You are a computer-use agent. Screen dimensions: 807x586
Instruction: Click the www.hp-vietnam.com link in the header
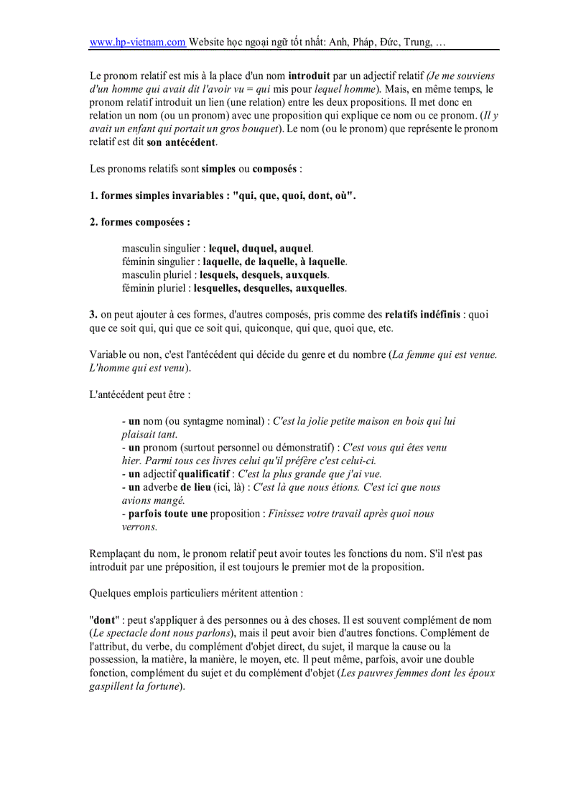(x=137, y=42)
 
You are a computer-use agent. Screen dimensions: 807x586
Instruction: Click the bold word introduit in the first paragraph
(x=309, y=75)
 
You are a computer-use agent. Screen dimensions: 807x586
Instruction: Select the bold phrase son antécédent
(x=181, y=142)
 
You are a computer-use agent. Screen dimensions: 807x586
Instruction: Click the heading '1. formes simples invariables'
(x=223, y=195)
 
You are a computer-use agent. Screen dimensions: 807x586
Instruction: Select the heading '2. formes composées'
(x=140, y=222)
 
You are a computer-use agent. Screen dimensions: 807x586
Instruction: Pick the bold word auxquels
(x=306, y=275)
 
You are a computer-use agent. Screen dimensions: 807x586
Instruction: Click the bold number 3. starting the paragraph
(x=93, y=315)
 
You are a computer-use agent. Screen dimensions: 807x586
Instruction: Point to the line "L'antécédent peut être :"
(x=140, y=395)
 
